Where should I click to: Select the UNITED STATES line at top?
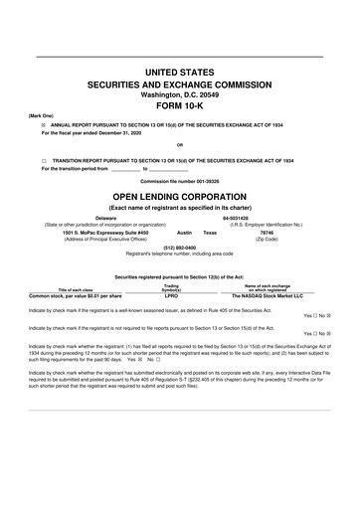[179, 71]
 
